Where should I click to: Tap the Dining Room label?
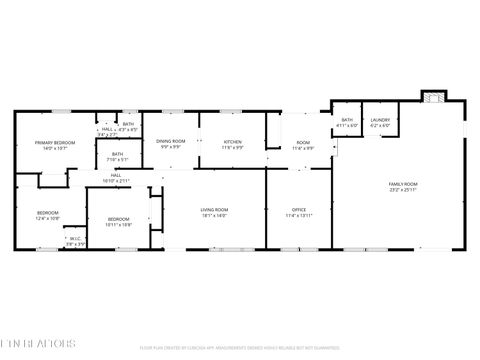point(171,141)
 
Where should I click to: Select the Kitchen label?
point(232,141)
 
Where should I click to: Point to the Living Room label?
point(214,210)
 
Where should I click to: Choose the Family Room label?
point(403,184)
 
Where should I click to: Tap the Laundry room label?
point(380,120)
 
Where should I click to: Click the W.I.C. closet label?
point(73,238)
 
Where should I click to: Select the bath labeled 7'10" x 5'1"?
point(117,154)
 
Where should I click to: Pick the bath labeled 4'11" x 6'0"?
point(347,120)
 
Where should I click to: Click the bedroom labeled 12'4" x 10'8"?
point(48,213)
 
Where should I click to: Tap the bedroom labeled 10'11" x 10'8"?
point(119,219)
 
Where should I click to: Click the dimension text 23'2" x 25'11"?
point(403,190)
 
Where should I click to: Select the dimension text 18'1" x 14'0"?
point(214,216)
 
